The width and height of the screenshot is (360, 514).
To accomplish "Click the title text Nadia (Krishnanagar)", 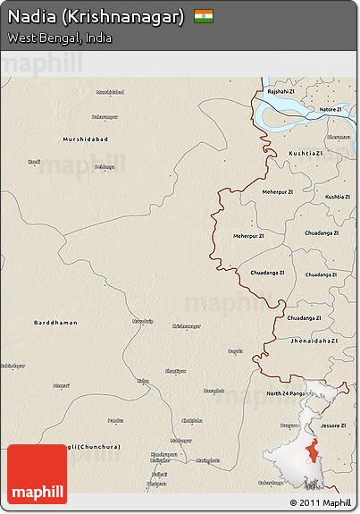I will (x=96, y=17).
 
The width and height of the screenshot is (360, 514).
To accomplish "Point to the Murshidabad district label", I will (x=85, y=139).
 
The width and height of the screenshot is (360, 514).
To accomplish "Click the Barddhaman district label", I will (x=55, y=322).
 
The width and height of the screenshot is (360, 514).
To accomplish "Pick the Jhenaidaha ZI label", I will (x=314, y=341).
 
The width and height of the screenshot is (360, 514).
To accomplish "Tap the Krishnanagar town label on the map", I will (x=188, y=326).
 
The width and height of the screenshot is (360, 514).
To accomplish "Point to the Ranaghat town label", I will (x=213, y=390).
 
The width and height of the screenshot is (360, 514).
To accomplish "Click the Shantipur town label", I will (x=176, y=370).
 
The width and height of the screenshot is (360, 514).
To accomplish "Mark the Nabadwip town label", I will (x=143, y=319).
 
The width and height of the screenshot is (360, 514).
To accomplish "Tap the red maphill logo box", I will (x=38, y=474).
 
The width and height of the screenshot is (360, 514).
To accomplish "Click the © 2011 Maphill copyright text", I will (x=320, y=502).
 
